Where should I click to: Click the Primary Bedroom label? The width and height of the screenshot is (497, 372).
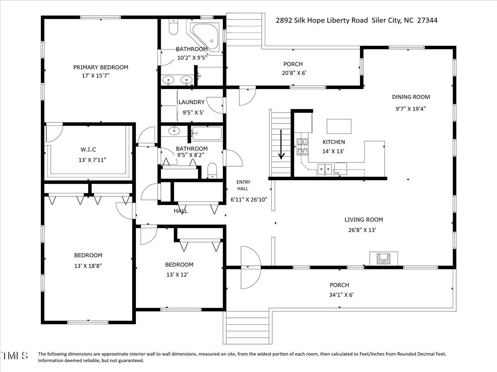point(101,67)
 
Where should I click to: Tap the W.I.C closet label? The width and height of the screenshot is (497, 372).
point(88,150)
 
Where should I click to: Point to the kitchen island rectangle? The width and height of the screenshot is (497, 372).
point(339,126)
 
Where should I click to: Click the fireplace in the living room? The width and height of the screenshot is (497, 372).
point(384,258)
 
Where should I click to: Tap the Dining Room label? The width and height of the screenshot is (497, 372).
point(411,97)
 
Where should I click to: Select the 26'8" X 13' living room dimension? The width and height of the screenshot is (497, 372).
point(363,230)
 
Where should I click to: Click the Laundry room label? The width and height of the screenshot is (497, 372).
point(191,102)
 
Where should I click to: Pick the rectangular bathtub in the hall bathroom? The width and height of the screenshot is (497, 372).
point(207,134)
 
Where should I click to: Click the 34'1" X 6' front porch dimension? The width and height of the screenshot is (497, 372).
point(339,295)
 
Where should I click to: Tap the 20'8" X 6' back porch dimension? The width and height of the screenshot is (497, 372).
point(294,72)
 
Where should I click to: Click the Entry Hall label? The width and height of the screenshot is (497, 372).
point(244,185)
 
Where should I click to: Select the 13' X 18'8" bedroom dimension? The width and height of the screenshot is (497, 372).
point(88,266)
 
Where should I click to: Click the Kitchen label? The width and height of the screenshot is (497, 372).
point(334,142)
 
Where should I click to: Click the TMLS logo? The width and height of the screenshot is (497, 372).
point(15,355)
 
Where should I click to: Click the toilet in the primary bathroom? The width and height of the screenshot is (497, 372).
point(173,27)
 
